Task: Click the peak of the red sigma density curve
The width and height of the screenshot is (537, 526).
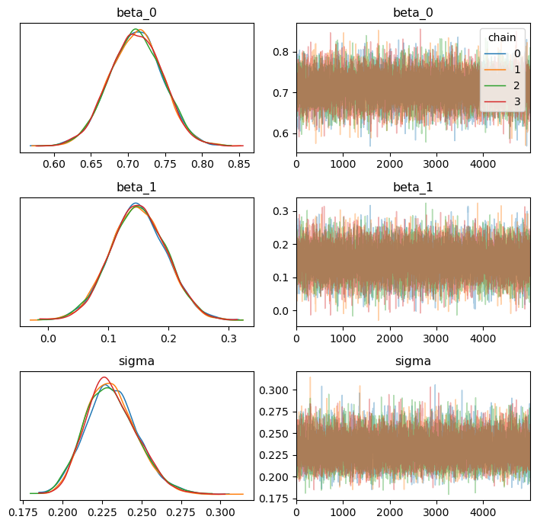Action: pos(105,377)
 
